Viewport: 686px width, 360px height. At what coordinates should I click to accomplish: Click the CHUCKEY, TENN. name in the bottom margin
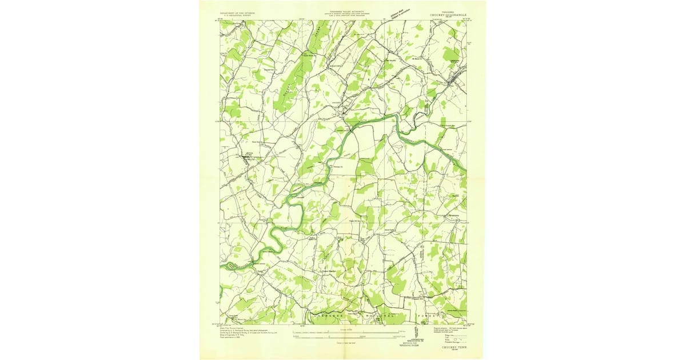452,346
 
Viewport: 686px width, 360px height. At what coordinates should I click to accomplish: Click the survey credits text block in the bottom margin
246,333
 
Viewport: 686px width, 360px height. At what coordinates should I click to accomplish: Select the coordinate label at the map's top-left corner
218,19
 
